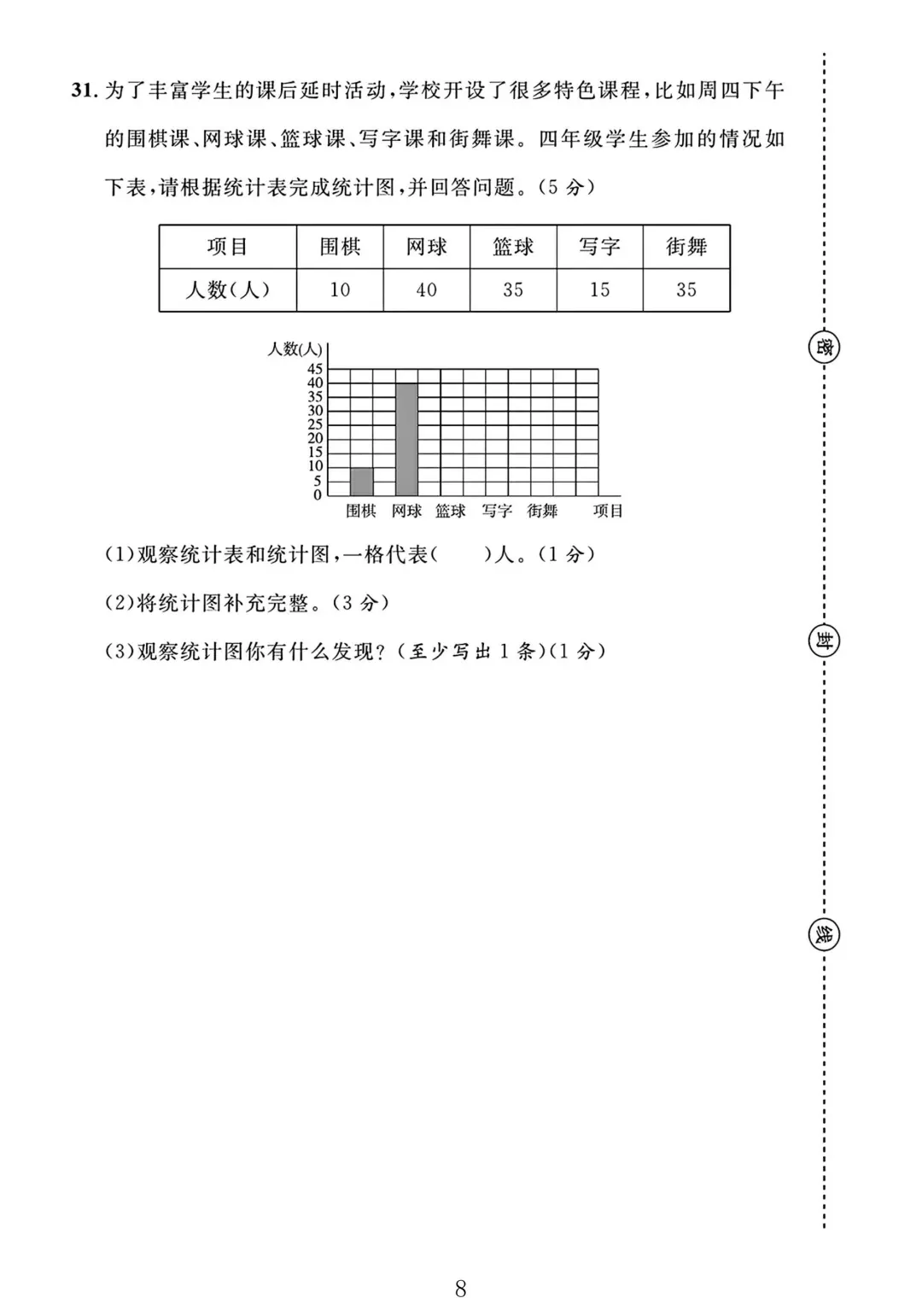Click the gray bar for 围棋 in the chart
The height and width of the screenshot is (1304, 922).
[x=361, y=482]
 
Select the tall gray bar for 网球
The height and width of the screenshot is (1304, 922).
[x=406, y=439]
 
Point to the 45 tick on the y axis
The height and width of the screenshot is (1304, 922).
[x=315, y=369]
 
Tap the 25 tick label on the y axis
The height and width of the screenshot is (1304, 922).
[x=315, y=424]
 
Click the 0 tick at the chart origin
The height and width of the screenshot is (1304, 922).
[x=318, y=495]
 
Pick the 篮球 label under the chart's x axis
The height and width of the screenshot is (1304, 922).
[x=451, y=511]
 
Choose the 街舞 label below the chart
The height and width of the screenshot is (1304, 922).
[x=542, y=511]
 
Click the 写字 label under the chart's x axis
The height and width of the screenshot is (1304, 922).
[x=497, y=511]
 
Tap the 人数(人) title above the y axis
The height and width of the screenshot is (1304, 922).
[x=295, y=348]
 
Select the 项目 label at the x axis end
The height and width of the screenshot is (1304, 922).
[x=609, y=511]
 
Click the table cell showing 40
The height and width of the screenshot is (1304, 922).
[x=426, y=290]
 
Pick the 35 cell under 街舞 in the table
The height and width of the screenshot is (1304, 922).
[x=686, y=290]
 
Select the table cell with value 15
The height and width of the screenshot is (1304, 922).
[x=599, y=290]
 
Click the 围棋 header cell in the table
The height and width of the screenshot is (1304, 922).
[x=340, y=248]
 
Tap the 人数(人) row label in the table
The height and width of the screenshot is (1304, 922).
[x=227, y=290]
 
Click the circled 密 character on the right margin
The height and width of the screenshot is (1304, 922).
[x=824, y=348]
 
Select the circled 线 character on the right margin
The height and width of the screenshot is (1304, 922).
[x=824, y=935]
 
